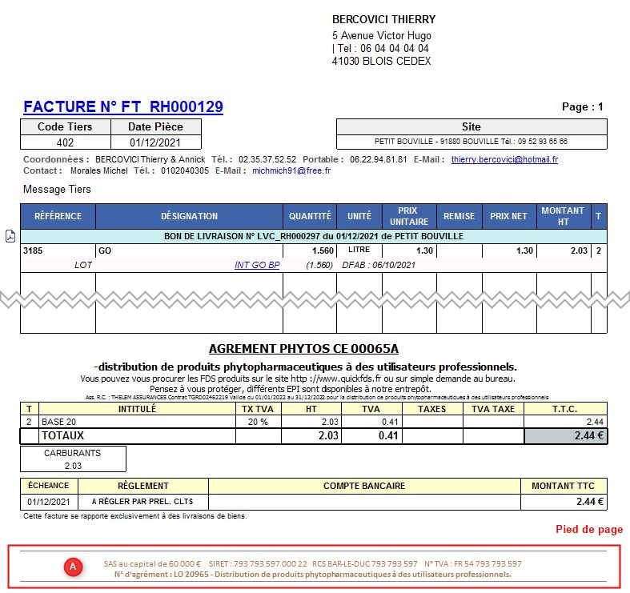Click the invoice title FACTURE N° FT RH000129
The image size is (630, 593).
(123, 106)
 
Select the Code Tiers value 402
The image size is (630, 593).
(66, 142)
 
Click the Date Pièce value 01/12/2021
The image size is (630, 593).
(155, 142)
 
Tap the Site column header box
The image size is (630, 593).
(471, 126)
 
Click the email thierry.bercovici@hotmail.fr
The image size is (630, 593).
(504, 160)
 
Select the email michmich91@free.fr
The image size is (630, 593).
(291, 171)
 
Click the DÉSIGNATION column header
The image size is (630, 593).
(189, 216)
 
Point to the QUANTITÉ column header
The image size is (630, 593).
(310, 216)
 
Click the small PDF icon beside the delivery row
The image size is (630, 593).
(10, 236)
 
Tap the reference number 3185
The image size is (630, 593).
(33, 250)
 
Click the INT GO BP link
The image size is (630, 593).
(257, 265)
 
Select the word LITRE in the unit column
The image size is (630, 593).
(359, 250)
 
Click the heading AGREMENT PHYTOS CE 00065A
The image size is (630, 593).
(303, 349)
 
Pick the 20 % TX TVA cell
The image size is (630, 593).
(256, 421)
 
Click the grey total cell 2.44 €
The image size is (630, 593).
(566, 436)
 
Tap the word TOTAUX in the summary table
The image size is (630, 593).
(62, 436)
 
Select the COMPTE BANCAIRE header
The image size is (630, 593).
(364, 486)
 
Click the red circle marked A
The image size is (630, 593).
(74, 567)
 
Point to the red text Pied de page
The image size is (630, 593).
(589, 530)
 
